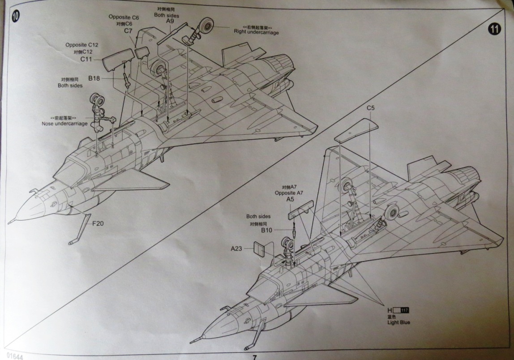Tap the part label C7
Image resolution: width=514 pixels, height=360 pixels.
[128, 31]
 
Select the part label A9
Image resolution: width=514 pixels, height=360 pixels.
[170, 21]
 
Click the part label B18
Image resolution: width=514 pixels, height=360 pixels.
[94, 78]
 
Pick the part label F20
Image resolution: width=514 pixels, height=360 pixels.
[99, 223]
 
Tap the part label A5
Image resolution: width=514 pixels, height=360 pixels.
[290, 199]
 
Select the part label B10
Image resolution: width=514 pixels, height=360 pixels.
[267, 230]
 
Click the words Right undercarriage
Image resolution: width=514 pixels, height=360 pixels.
[256, 32]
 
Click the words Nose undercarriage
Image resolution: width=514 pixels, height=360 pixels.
[64, 124]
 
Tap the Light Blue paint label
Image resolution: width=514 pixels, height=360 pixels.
[398, 322]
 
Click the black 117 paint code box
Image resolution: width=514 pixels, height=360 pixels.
[405, 310]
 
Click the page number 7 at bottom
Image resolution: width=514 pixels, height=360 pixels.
[254, 357]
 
